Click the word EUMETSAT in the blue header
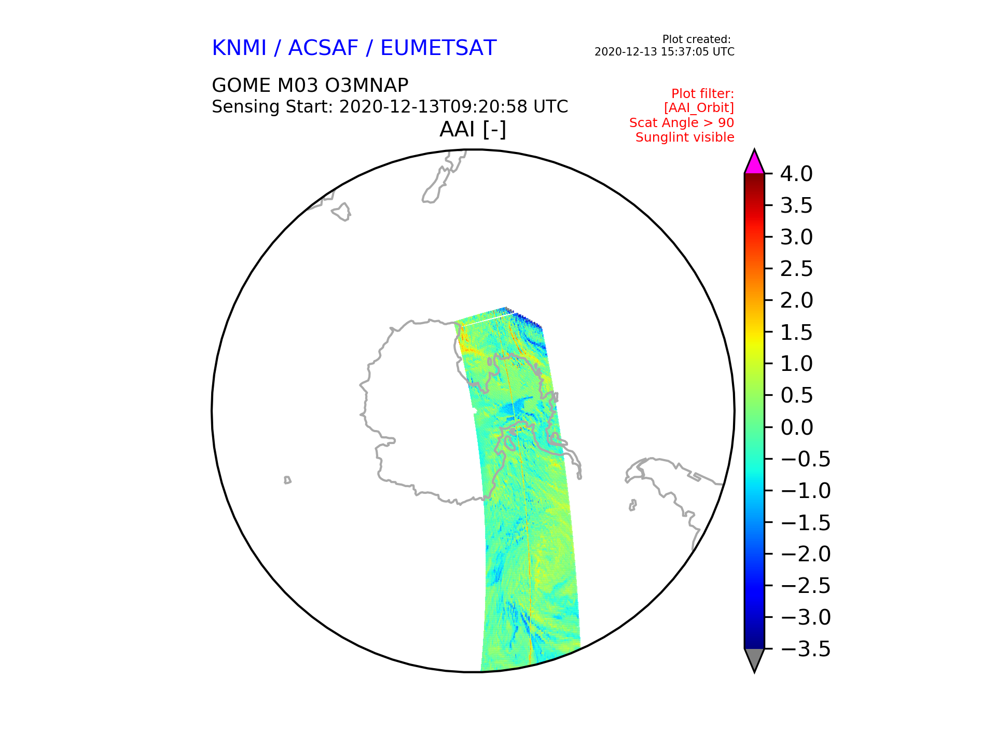pyautogui.click(x=438, y=48)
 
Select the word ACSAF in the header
pyautogui.click(x=323, y=48)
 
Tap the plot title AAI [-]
pyautogui.click(x=473, y=129)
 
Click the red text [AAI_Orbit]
pyautogui.click(x=699, y=108)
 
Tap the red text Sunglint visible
pyautogui.click(x=685, y=137)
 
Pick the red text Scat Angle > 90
pyautogui.click(x=682, y=123)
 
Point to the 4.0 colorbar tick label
pyautogui.click(x=796, y=174)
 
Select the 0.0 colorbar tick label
pyautogui.click(x=796, y=428)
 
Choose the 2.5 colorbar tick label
pyautogui.click(x=796, y=269)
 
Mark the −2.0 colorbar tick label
pyautogui.click(x=805, y=555)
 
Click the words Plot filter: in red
pyautogui.click(x=703, y=94)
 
